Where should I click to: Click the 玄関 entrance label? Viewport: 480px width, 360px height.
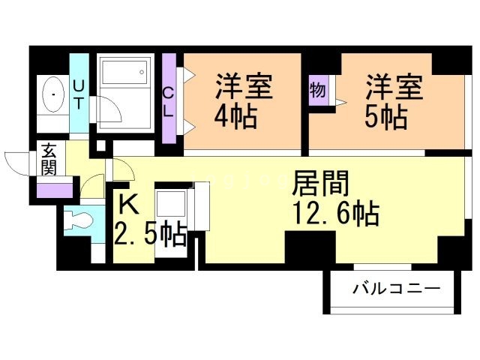[x=49, y=158]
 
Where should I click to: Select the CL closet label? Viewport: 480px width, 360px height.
[x=169, y=101]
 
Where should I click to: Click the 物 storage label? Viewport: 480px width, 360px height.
[x=317, y=90]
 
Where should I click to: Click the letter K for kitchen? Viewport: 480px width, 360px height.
[x=128, y=203]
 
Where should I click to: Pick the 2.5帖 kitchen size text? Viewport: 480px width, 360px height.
[x=150, y=235]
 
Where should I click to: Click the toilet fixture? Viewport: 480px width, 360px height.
[x=79, y=220]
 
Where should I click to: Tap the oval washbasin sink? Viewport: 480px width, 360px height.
[x=54, y=95]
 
